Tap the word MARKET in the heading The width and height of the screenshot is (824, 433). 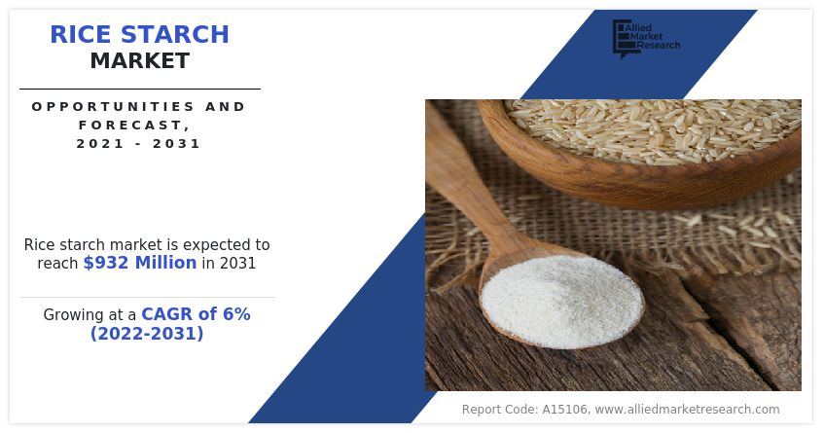coord(139,61)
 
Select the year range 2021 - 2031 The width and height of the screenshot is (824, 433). coord(139,143)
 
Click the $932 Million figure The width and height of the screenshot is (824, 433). coord(140,263)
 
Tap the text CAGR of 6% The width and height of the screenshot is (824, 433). coord(196,314)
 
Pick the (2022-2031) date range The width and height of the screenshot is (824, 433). coord(147,334)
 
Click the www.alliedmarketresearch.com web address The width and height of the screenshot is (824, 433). coord(687,410)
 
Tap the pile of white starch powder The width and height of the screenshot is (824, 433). coord(561,302)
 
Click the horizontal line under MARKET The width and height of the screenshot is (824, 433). coord(139,89)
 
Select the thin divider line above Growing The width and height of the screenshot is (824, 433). coord(147,297)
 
